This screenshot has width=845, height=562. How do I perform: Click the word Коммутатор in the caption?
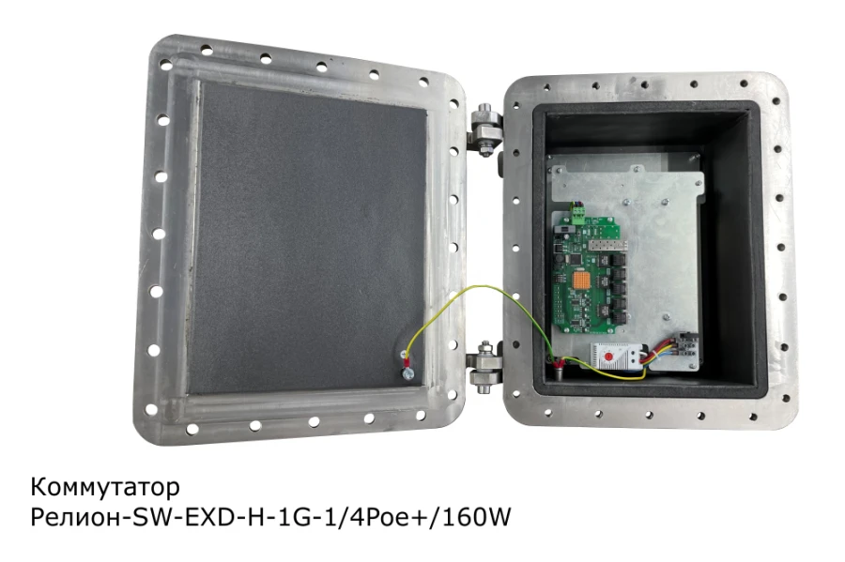104,488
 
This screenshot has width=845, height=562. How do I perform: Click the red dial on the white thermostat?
608,357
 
